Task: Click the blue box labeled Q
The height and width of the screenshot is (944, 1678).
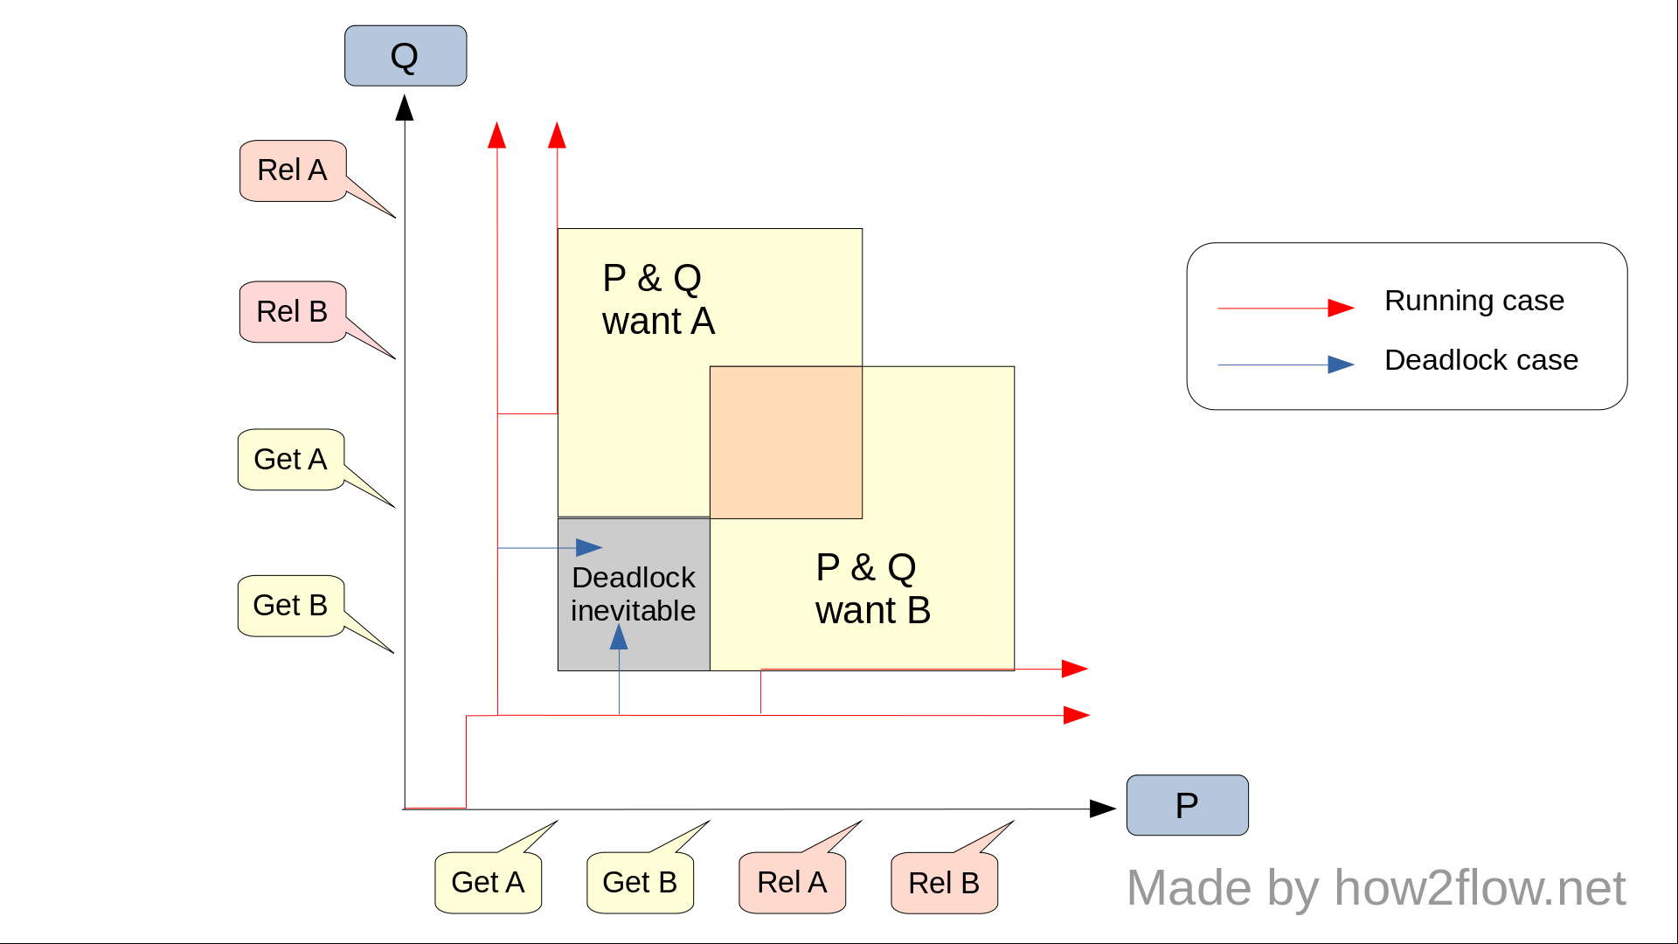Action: click(405, 56)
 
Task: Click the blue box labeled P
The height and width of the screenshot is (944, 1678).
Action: click(1187, 805)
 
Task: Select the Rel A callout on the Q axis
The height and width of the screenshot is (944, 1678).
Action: click(293, 170)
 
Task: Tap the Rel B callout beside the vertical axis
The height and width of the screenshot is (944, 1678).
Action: click(293, 311)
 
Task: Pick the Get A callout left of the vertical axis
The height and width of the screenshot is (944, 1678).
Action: click(290, 459)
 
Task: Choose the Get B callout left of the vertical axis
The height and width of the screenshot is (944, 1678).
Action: click(290, 605)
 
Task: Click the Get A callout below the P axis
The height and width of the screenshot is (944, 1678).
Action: click(488, 882)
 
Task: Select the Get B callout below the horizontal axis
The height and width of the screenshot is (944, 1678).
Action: click(640, 882)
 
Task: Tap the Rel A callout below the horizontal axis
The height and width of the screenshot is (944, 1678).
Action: click(792, 882)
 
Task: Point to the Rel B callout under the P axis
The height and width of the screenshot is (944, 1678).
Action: click(944, 883)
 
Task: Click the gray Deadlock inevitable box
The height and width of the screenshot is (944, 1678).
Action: click(634, 594)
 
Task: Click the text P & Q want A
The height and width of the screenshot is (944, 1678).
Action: click(658, 300)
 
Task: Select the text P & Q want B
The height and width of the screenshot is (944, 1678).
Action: click(872, 589)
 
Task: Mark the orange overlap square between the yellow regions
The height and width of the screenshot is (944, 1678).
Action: click(786, 442)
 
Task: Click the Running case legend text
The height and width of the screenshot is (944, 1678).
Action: click(1473, 301)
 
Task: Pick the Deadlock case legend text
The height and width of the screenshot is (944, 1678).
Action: click(1480, 360)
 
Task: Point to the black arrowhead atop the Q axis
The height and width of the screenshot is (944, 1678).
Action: click(404, 108)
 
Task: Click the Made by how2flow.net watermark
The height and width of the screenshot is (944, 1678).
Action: click(1376, 888)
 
